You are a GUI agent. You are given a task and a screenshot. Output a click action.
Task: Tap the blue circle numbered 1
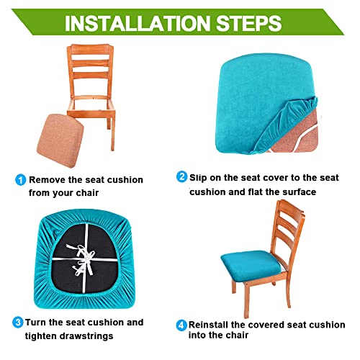(21, 179)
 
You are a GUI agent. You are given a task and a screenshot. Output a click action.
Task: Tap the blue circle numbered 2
(182, 177)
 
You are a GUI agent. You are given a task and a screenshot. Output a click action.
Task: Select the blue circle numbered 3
(17, 322)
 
